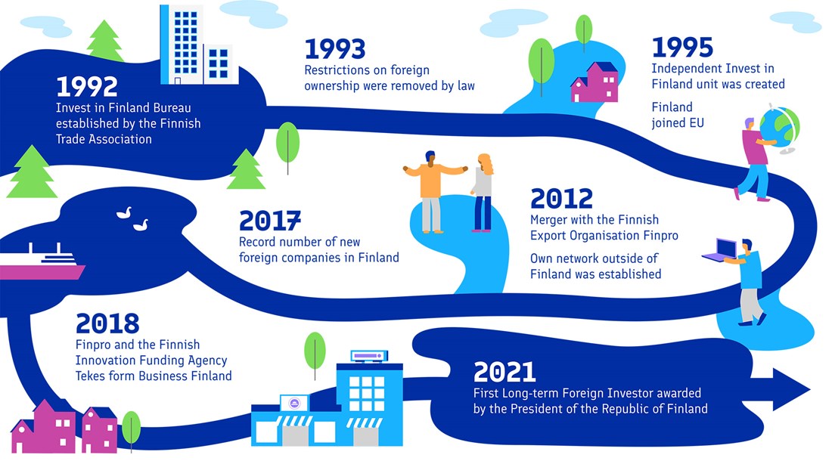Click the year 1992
[87, 86]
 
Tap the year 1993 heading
[335, 49]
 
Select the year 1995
[682, 48]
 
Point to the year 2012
[561, 199]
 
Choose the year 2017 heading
[270, 221]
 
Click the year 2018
[107, 323]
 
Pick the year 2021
[504, 372]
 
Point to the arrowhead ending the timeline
[790, 389]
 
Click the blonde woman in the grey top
[483, 193]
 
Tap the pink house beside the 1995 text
[595, 82]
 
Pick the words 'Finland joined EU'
[678, 115]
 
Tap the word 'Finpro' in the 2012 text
[660, 235]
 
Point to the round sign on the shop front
[294, 404]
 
